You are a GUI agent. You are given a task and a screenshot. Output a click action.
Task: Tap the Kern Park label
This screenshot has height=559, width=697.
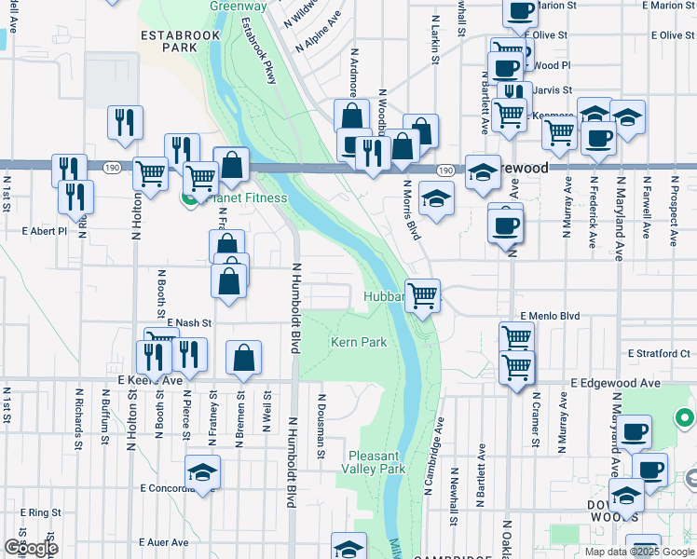pyautogui.click(x=359, y=343)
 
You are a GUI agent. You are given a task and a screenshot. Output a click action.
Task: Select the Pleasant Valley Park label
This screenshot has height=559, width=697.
pyautogui.click(x=376, y=462)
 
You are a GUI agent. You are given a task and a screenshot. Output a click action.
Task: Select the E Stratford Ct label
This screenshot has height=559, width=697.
pyautogui.click(x=659, y=354)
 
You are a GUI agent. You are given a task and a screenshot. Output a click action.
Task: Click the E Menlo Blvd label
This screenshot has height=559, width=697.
pyautogui.click(x=550, y=317)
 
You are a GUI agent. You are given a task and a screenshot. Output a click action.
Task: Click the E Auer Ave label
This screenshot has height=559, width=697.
pyautogui.click(x=163, y=542)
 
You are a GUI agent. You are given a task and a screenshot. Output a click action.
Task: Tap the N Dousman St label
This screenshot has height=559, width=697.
pyautogui.click(x=320, y=425)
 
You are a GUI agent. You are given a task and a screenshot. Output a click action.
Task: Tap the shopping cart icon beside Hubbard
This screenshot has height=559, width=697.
pyautogui.click(x=423, y=296)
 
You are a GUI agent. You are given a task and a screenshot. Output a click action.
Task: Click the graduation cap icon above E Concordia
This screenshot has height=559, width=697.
pyautogui.click(x=202, y=472)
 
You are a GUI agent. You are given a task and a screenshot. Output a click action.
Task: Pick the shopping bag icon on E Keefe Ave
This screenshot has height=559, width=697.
pyautogui.click(x=243, y=358)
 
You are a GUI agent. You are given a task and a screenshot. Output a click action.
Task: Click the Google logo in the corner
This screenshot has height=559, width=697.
pyautogui.click(x=30, y=548)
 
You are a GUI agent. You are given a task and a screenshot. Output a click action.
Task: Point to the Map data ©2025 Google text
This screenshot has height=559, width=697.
pyautogui.click(x=639, y=552)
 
